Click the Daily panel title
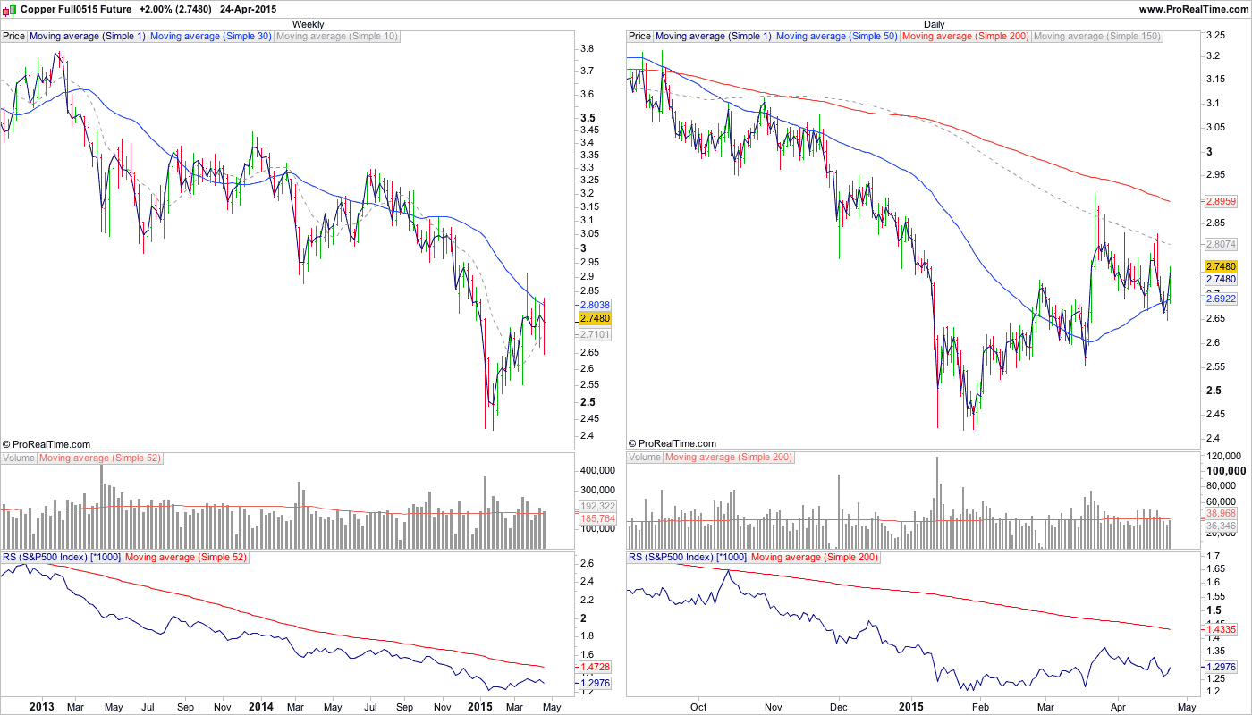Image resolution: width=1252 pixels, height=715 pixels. click(x=935, y=24)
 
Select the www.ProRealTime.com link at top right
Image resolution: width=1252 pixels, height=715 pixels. click(x=1193, y=8)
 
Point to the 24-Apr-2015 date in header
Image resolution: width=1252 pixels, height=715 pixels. click(x=248, y=8)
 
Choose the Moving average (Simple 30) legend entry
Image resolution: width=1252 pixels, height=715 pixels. click(x=210, y=37)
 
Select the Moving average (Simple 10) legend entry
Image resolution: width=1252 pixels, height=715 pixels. click(x=337, y=37)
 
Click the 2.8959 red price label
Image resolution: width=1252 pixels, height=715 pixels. click(x=1221, y=202)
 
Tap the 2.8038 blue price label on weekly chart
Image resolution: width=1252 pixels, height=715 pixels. click(x=595, y=305)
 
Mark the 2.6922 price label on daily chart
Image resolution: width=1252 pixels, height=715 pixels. click(x=1221, y=299)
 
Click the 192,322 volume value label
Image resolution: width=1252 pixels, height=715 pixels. click(x=595, y=506)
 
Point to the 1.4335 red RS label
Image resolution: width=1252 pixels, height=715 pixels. click(x=1221, y=629)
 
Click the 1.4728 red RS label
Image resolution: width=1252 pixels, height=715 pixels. click(x=595, y=667)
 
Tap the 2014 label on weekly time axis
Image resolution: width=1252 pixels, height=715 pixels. click(x=260, y=707)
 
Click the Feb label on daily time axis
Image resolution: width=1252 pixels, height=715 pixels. click(x=979, y=707)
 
